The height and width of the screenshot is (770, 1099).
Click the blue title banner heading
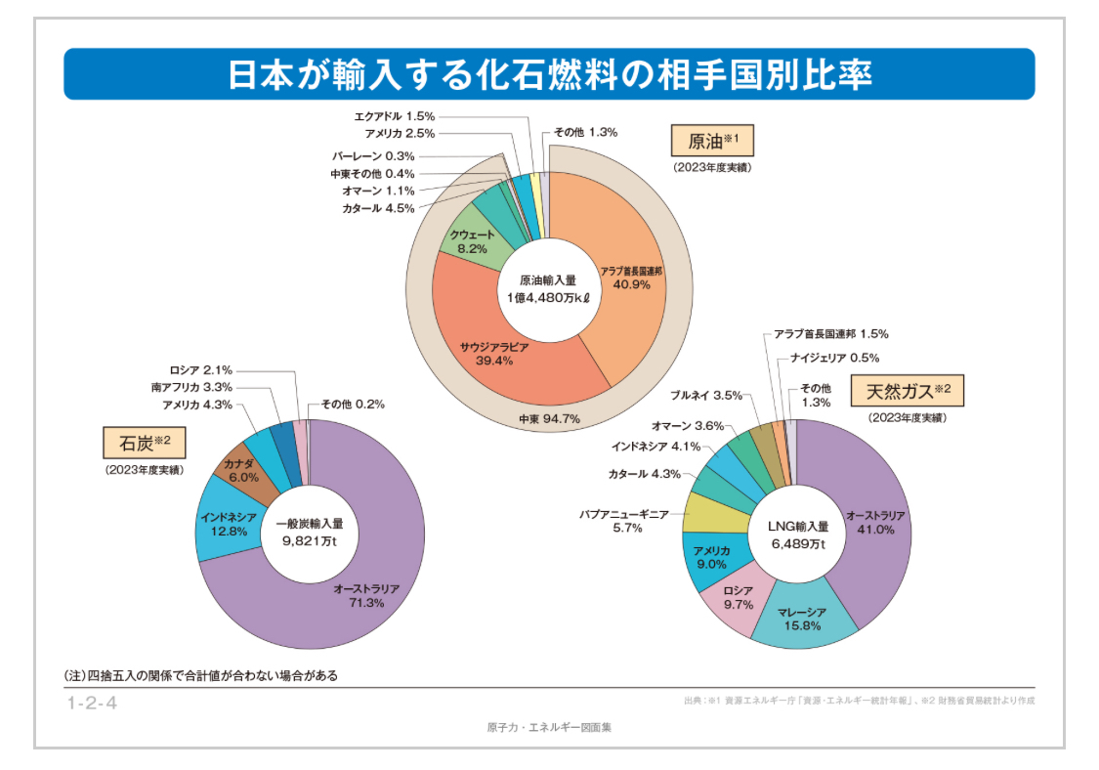click(x=549, y=74)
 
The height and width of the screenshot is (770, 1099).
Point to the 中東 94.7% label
click(x=550, y=419)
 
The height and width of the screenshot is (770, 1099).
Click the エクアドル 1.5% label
click(x=395, y=115)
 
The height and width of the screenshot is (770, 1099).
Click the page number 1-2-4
click(x=92, y=702)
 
